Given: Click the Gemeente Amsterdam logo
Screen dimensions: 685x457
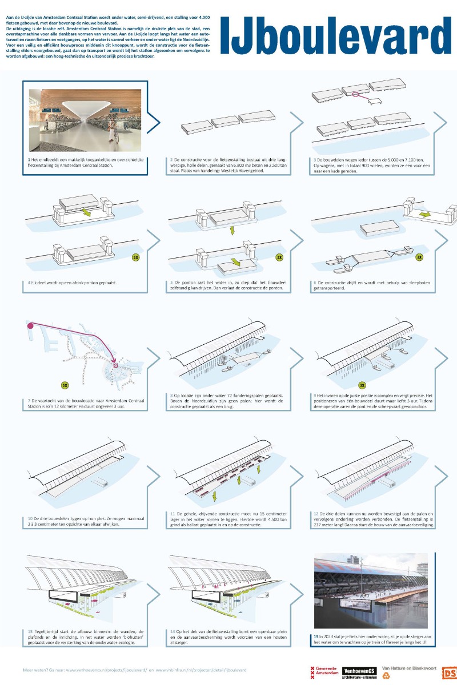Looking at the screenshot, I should coord(323,672).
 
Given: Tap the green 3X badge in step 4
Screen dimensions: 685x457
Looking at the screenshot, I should coord(135,257).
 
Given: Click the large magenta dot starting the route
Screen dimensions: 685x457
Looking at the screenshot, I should coord(29,325).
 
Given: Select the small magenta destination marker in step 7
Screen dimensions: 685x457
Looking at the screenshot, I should coord(115,366).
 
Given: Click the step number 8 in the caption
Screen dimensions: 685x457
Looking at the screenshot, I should coord(171,395).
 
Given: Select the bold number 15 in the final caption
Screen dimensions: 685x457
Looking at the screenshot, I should coord(316,636).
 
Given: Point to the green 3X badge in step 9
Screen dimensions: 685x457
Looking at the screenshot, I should coord(362,385).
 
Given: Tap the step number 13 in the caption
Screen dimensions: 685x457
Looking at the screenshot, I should coord(30,631).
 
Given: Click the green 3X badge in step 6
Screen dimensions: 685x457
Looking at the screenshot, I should coord(419,257).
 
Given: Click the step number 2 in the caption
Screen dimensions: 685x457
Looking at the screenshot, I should coord(171,159).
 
